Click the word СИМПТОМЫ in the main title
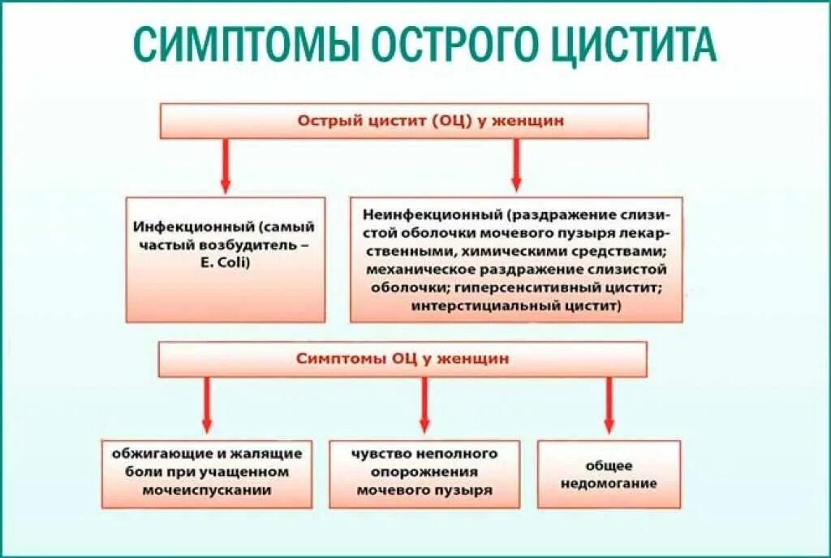pos(243,45)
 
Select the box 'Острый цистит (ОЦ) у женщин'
pos(403,121)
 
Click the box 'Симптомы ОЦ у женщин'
pos(403,358)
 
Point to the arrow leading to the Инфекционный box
pos(226,166)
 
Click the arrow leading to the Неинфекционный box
pos(515,166)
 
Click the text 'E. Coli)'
pos(226,262)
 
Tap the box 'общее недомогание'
pos(609,474)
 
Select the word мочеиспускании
pos(206,490)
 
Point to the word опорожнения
pos(424,472)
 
